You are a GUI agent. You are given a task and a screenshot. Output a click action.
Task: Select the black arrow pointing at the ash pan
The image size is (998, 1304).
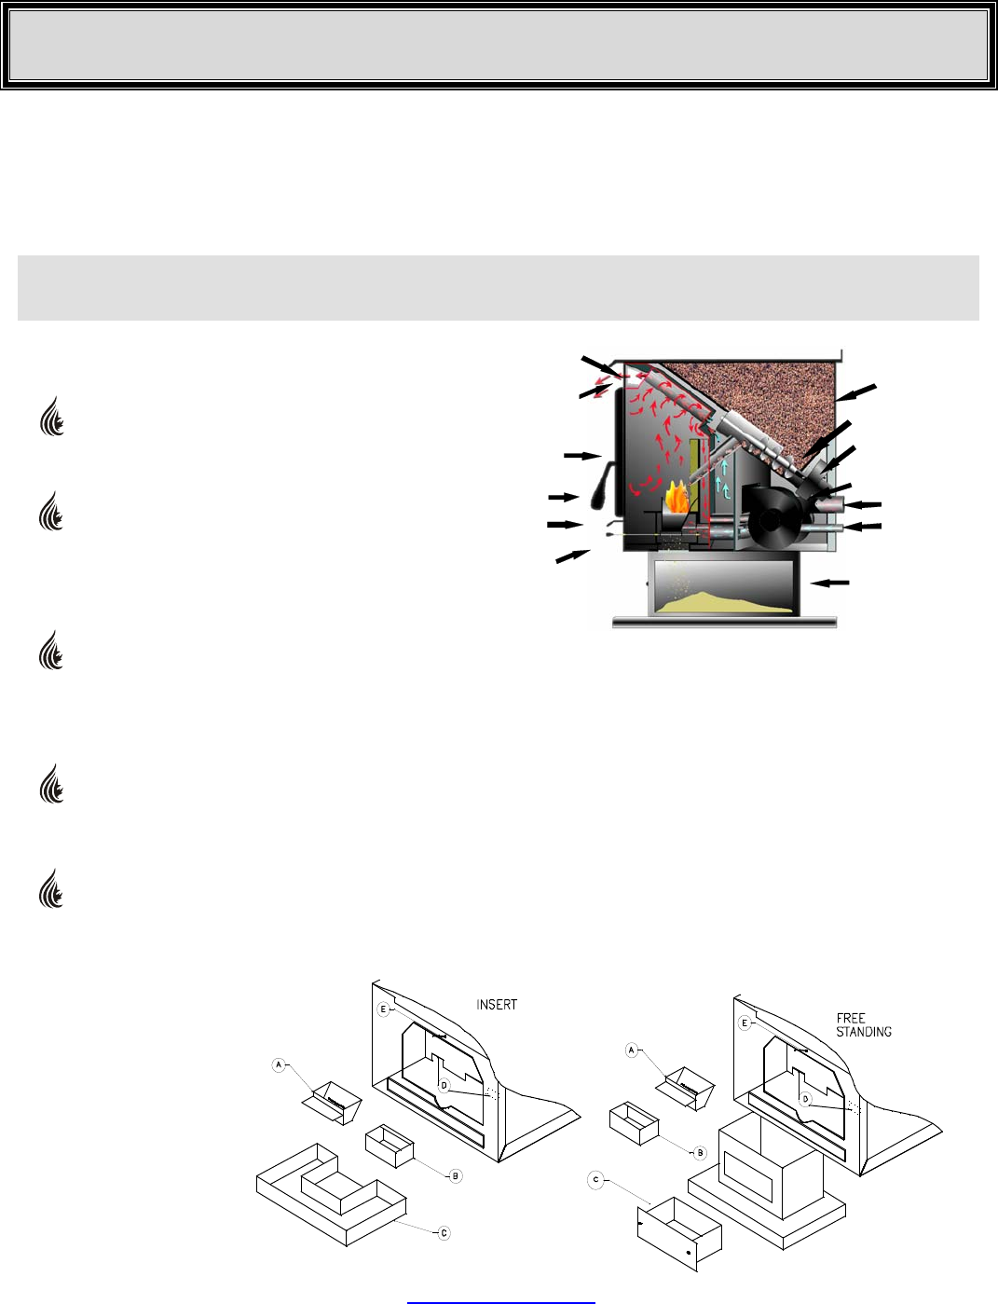(x=830, y=583)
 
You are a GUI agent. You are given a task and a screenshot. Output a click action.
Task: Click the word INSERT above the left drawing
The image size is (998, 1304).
(x=497, y=1005)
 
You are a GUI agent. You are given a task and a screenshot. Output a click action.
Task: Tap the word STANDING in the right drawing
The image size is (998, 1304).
(x=864, y=1032)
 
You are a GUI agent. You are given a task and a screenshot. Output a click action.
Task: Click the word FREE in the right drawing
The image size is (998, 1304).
(x=851, y=1019)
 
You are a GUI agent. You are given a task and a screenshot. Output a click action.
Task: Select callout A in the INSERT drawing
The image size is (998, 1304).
(x=279, y=1065)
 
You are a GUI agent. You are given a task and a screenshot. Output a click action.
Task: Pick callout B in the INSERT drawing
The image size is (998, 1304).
(x=456, y=1176)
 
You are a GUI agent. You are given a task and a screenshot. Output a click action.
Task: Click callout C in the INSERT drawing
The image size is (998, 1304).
(x=444, y=1233)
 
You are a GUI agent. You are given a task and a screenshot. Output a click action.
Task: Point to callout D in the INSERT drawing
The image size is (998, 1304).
(x=444, y=1085)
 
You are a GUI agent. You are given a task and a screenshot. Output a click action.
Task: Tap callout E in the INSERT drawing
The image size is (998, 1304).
(x=383, y=1009)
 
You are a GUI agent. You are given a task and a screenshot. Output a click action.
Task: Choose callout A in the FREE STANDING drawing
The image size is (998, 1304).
(x=631, y=1050)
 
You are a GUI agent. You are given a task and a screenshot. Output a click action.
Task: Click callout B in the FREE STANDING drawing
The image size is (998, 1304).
(x=699, y=1153)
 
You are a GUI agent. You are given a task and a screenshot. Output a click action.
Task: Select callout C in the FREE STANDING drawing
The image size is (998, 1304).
(x=595, y=1180)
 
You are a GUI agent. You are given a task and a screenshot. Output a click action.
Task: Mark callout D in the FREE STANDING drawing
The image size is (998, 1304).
(x=805, y=1099)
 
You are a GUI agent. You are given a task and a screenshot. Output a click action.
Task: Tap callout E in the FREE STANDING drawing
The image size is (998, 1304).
(x=745, y=1023)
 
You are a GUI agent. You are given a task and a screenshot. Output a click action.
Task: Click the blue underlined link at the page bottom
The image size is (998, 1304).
(x=500, y=1298)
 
